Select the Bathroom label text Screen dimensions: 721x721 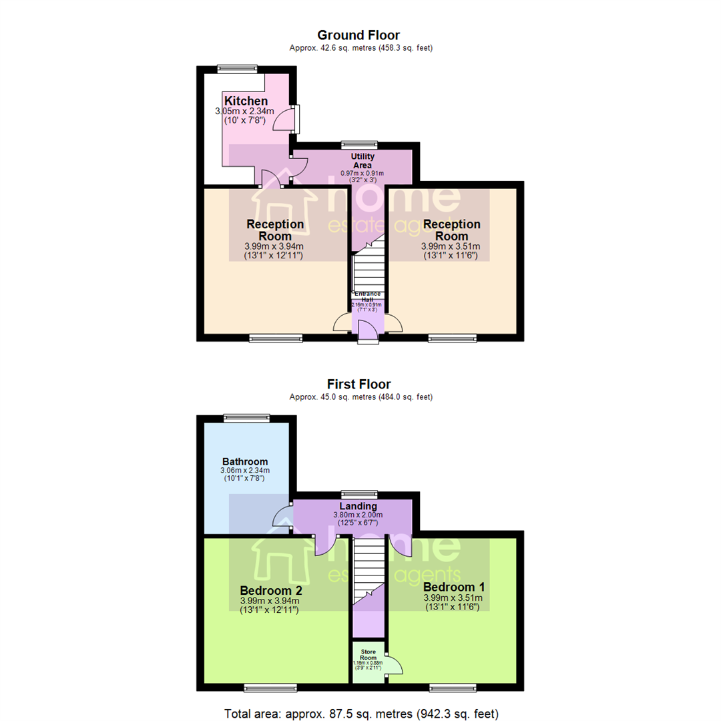245,461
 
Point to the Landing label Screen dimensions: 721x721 359,506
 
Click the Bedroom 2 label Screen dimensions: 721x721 271,591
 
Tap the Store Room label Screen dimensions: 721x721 369,654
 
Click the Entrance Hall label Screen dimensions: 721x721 368,296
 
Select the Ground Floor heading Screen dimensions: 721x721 358,35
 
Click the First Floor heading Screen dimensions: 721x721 358,384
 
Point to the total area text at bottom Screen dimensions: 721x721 360,712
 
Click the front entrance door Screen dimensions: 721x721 368,332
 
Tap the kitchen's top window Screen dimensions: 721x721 238,67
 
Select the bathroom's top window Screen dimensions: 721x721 246,418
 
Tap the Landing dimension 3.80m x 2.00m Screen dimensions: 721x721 359,515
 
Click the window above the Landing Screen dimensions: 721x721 359,494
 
